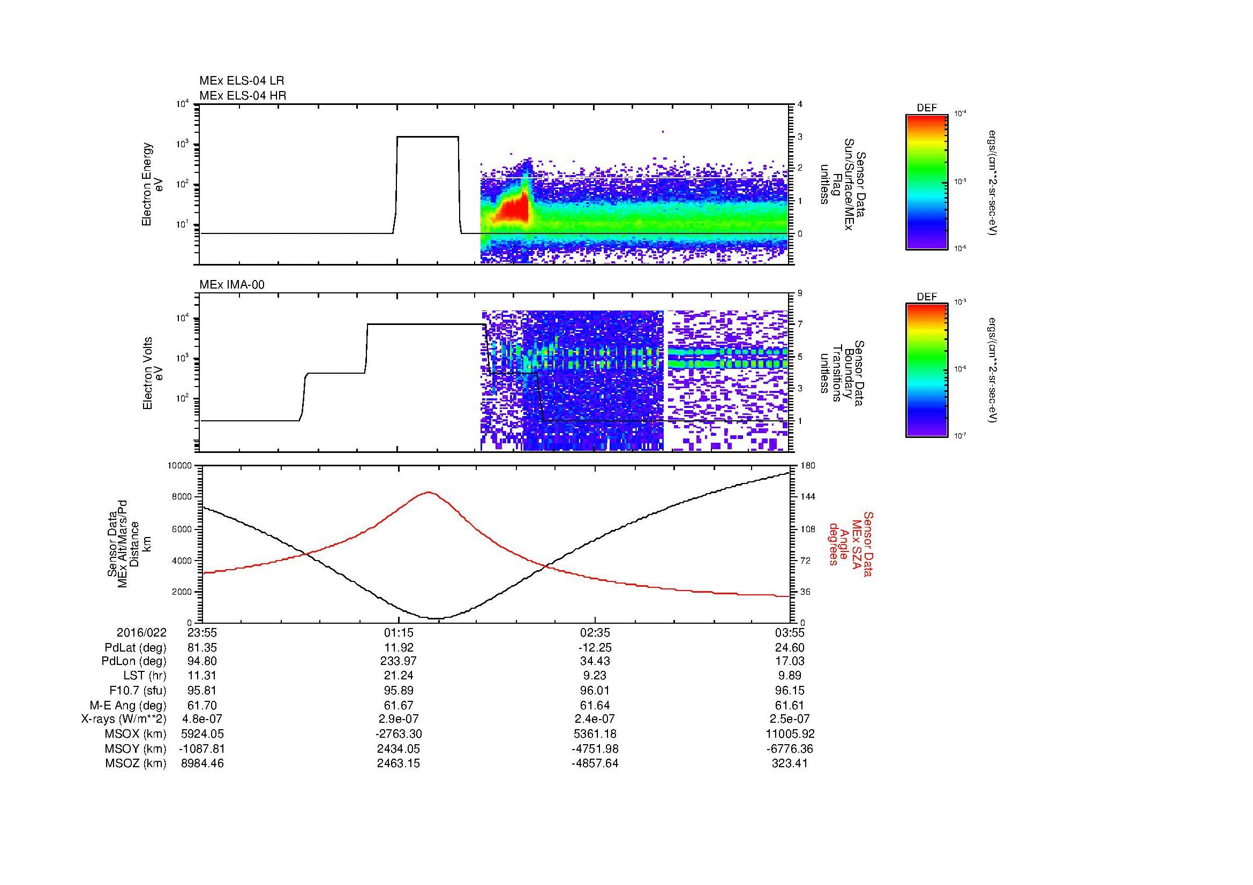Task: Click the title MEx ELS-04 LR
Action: pos(241,81)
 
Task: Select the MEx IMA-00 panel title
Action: pos(232,285)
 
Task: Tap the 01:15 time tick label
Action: pos(399,633)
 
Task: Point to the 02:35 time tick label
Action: pos(595,633)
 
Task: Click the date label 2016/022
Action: pos(141,633)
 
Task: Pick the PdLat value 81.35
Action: pos(202,648)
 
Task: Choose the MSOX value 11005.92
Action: pos(790,734)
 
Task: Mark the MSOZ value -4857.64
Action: pos(595,763)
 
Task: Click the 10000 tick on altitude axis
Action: pos(180,466)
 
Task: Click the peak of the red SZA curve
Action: pos(429,493)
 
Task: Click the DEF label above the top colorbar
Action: pos(926,109)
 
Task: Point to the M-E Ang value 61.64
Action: pos(595,705)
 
